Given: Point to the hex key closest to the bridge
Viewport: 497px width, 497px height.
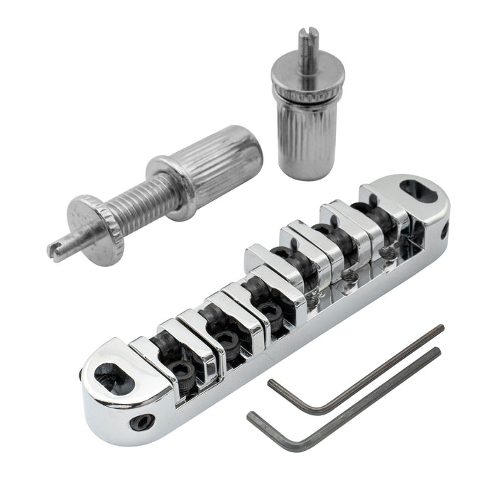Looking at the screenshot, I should [355, 369].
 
